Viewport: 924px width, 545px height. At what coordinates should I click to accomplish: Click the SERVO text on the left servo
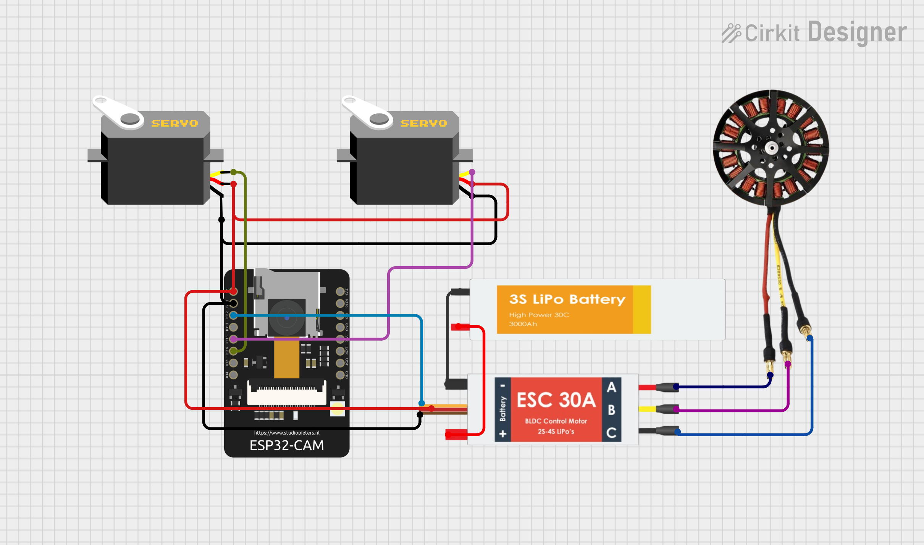click(x=174, y=123)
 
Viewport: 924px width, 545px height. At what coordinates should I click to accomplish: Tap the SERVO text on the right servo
click(x=423, y=123)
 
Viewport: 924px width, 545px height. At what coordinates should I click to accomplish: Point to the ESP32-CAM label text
click(x=286, y=445)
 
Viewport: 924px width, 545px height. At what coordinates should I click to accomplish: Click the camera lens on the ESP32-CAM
click(x=286, y=317)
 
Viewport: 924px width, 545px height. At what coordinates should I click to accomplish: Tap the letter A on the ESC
click(x=611, y=387)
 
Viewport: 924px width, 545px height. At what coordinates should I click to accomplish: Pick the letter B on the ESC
click(x=611, y=410)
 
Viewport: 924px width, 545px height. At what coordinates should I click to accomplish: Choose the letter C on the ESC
click(x=611, y=433)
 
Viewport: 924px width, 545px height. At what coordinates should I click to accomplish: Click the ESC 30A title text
click(x=556, y=400)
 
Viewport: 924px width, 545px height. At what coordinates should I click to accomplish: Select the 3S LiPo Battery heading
click(x=567, y=299)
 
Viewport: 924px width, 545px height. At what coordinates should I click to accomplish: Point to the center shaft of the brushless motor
click(x=772, y=147)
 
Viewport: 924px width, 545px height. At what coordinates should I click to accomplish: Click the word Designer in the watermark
click(x=857, y=32)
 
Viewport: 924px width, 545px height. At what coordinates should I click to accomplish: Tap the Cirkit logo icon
click(x=731, y=33)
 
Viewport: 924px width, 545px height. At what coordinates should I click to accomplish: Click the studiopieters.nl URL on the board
click(x=286, y=433)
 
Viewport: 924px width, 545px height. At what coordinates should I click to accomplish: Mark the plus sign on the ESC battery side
click(x=503, y=434)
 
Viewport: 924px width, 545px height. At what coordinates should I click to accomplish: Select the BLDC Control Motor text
click(x=556, y=421)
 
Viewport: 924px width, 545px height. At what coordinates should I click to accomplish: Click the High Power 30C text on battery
click(x=539, y=315)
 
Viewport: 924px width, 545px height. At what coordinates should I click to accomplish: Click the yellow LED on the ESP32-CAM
click(x=337, y=409)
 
